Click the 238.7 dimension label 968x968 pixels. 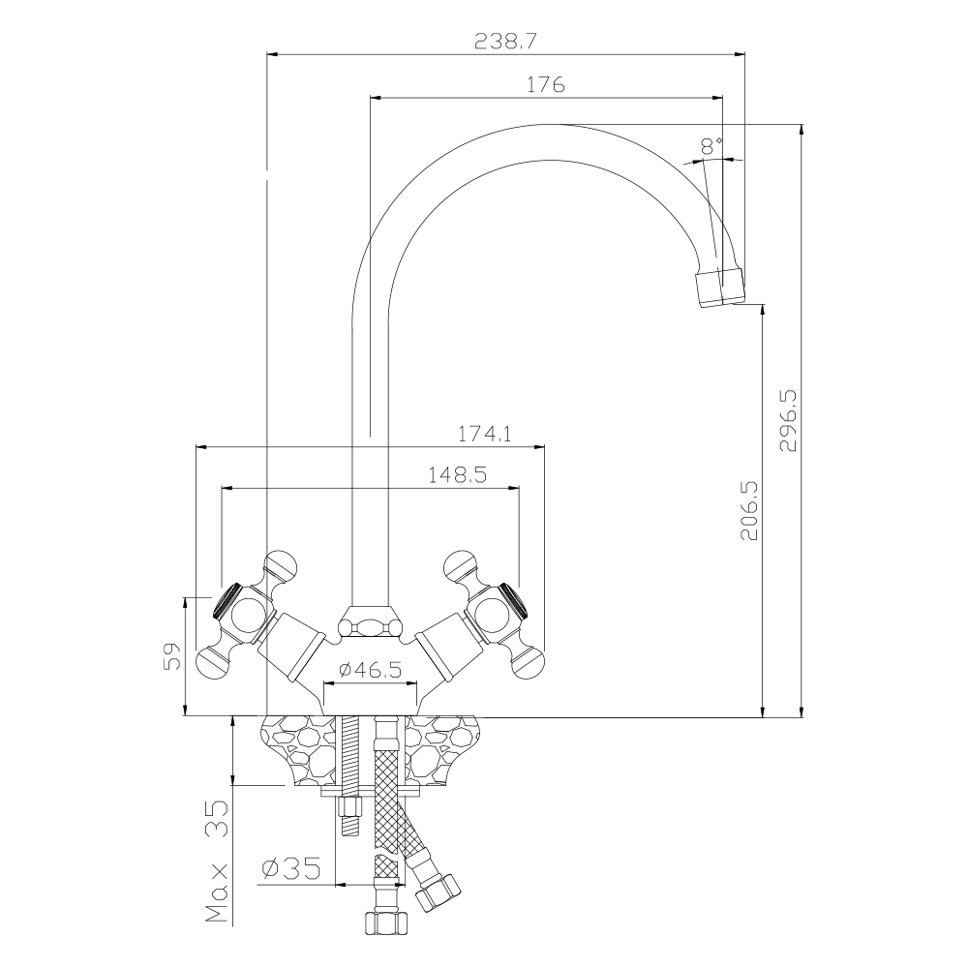point(505,42)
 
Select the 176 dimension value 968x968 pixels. point(545,84)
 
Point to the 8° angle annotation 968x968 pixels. point(711,146)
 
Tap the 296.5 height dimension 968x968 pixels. point(788,420)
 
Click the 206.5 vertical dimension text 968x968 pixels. point(748,510)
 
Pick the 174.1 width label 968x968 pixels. point(484,435)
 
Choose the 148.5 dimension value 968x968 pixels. point(458,474)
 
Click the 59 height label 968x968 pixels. point(172,655)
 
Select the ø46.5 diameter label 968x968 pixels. point(371,669)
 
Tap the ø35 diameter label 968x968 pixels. point(291,868)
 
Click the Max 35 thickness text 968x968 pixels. point(217,862)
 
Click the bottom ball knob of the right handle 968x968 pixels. point(529,663)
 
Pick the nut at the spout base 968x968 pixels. point(370,622)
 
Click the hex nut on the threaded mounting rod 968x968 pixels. point(349,807)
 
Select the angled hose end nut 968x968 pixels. point(438,892)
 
